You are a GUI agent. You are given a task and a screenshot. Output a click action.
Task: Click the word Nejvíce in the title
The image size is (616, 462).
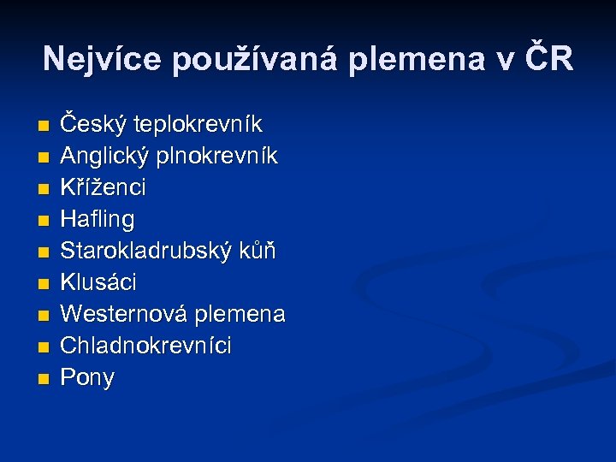(x=102, y=59)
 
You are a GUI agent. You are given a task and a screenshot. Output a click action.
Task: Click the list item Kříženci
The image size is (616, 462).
(x=104, y=187)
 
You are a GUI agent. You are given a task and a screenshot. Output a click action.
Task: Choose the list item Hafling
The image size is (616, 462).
(x=98, y=220)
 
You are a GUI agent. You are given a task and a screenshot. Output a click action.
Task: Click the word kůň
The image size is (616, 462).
(x=261, y=251)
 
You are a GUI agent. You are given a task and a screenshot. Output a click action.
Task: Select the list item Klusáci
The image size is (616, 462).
(x=98, y=282)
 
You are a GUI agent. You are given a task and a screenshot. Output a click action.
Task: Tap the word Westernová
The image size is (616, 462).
(x=125, y=314)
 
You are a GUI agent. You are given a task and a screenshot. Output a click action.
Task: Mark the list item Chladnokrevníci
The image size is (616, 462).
(x=146, y=346)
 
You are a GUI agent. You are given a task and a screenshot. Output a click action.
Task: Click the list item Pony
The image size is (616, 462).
(x=87, y=378)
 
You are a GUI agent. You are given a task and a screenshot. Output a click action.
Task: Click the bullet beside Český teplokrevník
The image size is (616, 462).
(x=44, y=127)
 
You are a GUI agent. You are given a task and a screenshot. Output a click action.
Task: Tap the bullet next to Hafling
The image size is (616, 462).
(x=44, y=221)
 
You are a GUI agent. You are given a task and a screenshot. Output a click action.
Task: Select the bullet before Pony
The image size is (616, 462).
(x=44, y=378)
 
